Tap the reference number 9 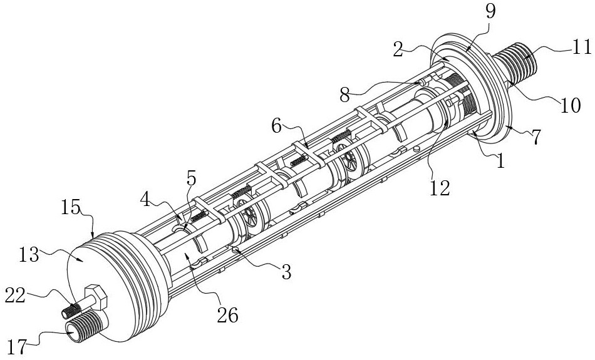click(490, 12)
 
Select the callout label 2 click(398, 49)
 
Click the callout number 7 click(535, 137)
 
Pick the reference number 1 click(501, 161)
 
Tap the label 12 click(440, 187)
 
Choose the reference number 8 click(344, 95)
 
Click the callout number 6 click(277, 126)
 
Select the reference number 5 click(191, 178)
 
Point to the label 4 click(145, 199)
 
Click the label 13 click(29, 255)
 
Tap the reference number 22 click(15, 295)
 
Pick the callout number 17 click(17, 346)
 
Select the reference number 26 click(228, 315)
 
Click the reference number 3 click(286, 272)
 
